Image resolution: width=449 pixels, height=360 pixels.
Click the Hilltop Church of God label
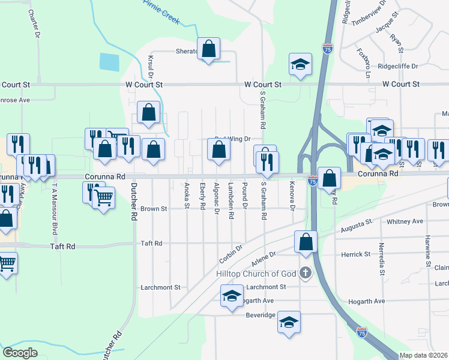coord(256,274)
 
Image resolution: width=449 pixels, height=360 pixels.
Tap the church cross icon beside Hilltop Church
coord(306,274)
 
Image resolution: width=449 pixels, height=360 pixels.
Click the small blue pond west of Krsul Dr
coord(110,62)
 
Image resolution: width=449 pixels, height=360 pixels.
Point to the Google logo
coord(20,352)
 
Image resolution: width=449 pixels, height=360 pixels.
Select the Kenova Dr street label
coord(292,196)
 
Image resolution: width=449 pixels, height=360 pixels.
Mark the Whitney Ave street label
coord(405,221)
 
